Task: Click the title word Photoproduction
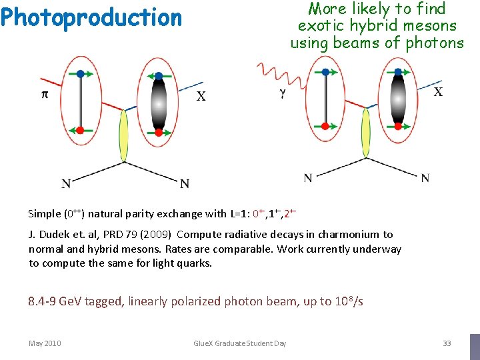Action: point(91,18)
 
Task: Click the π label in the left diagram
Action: point(45,95)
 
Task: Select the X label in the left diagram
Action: point(201,97)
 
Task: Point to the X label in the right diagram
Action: point(438,91)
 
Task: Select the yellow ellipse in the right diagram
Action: point(365,133)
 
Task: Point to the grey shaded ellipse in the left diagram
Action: point(158,104)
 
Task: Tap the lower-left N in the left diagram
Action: point(66,183)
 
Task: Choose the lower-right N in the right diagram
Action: point(425,178)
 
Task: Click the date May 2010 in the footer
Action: point(45,343)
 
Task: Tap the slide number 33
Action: point(447,343)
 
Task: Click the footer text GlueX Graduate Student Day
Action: point(239,343)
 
